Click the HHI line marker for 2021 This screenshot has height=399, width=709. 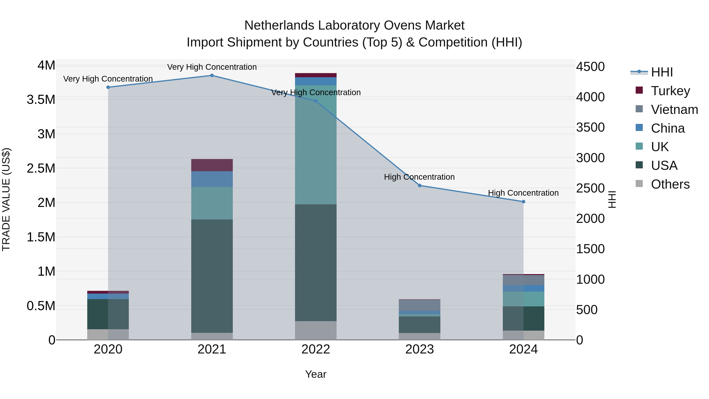[212, 75]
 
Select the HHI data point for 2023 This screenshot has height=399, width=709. [419, 186]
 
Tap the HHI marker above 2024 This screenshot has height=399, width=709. [523, 202]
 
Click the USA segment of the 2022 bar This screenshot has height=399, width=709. [316, 262]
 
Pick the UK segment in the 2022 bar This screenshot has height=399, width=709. [316, 145]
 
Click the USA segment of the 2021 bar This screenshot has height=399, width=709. [212, 276]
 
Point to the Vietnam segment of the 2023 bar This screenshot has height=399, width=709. [419, 305]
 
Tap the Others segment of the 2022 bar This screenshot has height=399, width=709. [316, 330]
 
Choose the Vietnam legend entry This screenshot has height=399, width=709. [674, 109]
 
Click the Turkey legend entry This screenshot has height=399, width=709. [670, 91]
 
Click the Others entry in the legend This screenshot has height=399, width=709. [670, 184]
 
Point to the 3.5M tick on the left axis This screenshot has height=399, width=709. [41, 100]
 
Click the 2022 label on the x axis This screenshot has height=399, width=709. [316, 349]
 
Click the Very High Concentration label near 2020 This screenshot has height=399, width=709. [108, 79]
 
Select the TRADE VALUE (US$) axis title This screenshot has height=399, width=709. [6, 199]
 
